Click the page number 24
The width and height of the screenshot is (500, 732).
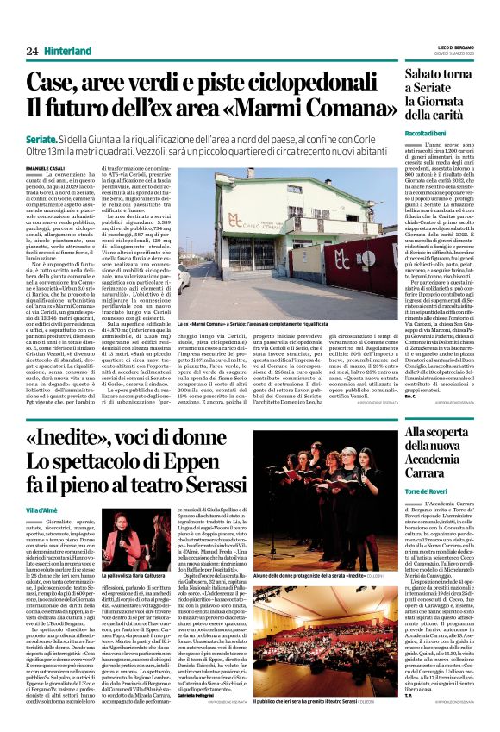pyautogui.click(x=32, y=51)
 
